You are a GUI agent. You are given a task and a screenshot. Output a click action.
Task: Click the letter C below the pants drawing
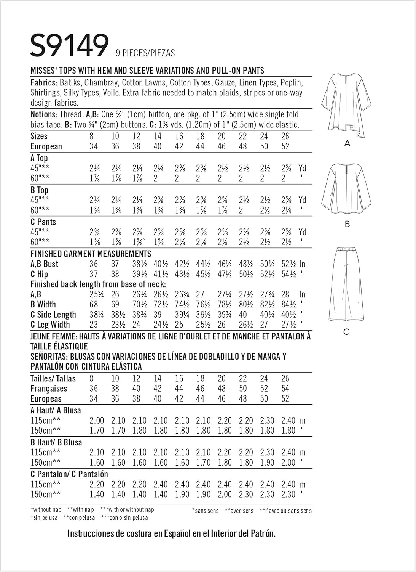[x=346, y=332]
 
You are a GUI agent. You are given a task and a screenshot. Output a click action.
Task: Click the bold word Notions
[x=43, y=114]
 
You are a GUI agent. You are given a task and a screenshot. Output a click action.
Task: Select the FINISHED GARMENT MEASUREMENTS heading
[x=91, y=254]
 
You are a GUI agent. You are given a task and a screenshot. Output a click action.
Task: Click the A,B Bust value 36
[x=94, y=264]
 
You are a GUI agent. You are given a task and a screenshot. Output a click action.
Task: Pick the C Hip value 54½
[x=288, y=274]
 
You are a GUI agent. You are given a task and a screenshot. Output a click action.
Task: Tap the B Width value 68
[x=94, y=305]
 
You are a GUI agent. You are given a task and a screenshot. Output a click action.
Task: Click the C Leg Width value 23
[x=94, y=325]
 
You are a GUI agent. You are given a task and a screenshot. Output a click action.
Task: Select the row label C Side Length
[x=53, y=315]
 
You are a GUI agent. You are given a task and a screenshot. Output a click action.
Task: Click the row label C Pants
[x=43, y=222]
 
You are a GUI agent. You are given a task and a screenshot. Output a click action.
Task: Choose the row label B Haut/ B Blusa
[x=56, y=442]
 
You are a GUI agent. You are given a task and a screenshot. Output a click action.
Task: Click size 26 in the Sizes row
[x=285, y=136]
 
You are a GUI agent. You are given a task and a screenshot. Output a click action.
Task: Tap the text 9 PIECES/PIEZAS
[x=145, y=53]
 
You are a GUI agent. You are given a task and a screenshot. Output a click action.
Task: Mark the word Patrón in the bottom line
[x=262, y=533]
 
